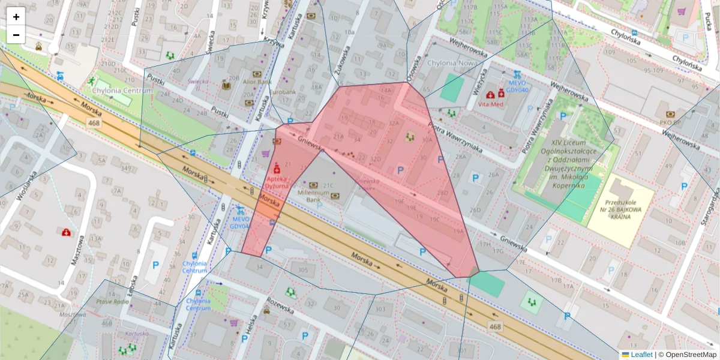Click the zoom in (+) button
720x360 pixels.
16,17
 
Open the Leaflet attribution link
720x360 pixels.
641,355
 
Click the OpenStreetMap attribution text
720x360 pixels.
690,355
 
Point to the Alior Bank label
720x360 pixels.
256,82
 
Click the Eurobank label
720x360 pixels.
282,93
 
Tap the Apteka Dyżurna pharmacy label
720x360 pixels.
277,183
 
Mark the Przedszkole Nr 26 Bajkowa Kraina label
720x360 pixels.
620,211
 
